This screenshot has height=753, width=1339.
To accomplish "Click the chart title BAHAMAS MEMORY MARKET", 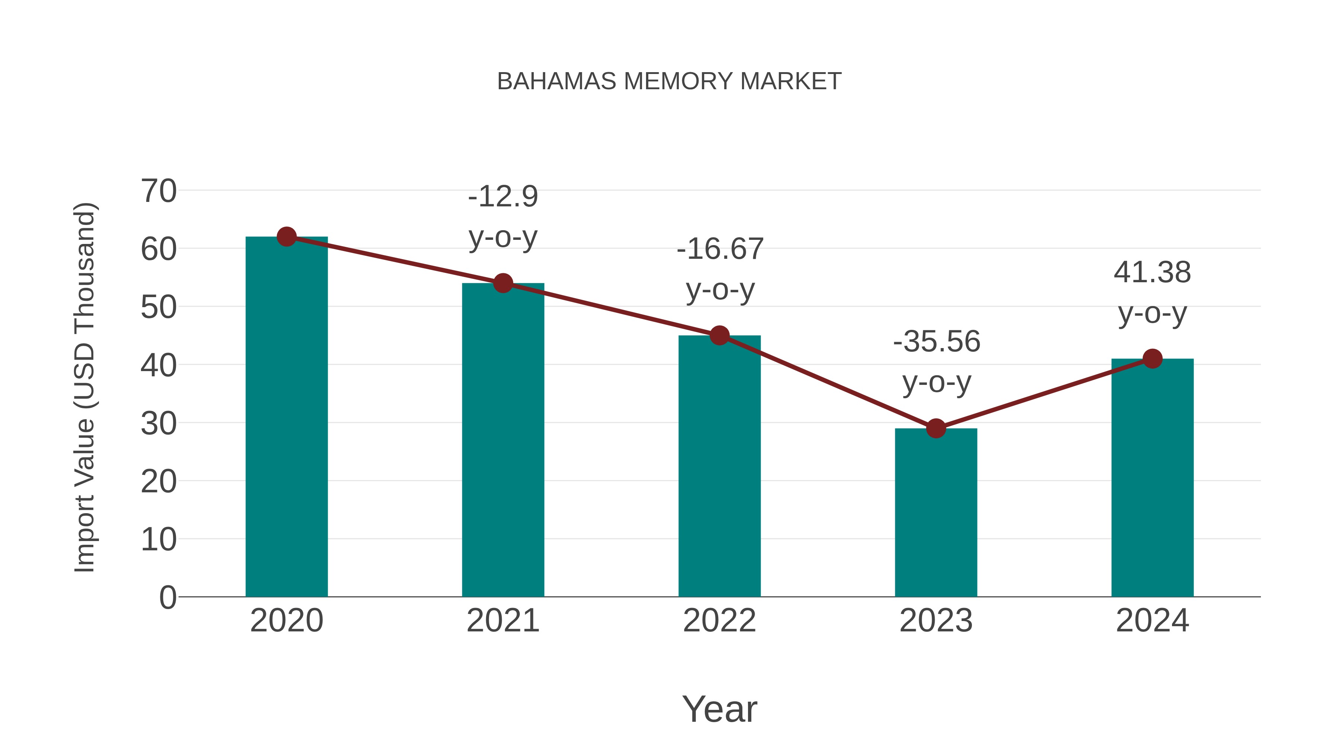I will pyautogui.click(x=669, y=81).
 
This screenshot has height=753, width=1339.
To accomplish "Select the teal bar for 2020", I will pyautogui.click(x=286, y=416).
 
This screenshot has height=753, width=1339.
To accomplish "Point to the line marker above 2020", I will pyautogui.click(x=286, y=237).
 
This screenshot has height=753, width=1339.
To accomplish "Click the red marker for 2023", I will pyautogui.click(x=936, y=429).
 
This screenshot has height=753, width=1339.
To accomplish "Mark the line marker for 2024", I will pyautogui.click(x=1152, y=358).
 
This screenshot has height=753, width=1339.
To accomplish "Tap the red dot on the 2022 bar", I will pyautogui.click(x=719, y=336).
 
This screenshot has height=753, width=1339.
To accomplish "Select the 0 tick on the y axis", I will pyautogui.click(x=167, y=598).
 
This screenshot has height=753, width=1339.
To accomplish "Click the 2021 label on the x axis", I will pyautogui.click(x=502, y=621).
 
